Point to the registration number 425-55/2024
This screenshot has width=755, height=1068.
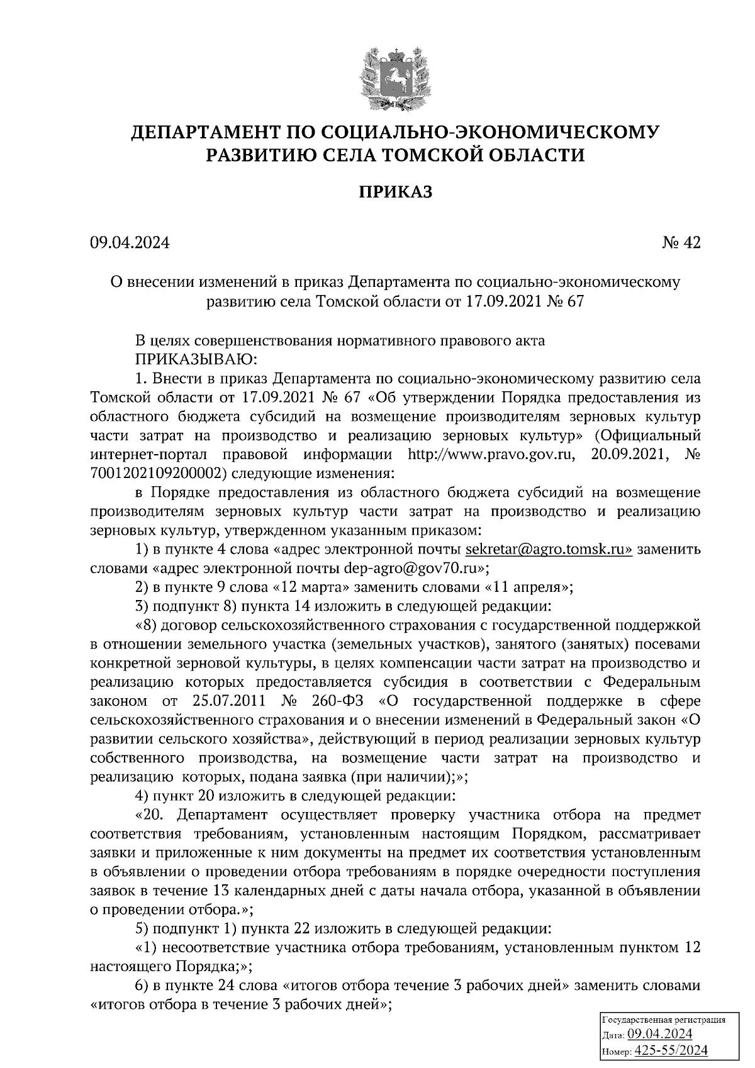pyautogui.click(x=671, y=1051)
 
